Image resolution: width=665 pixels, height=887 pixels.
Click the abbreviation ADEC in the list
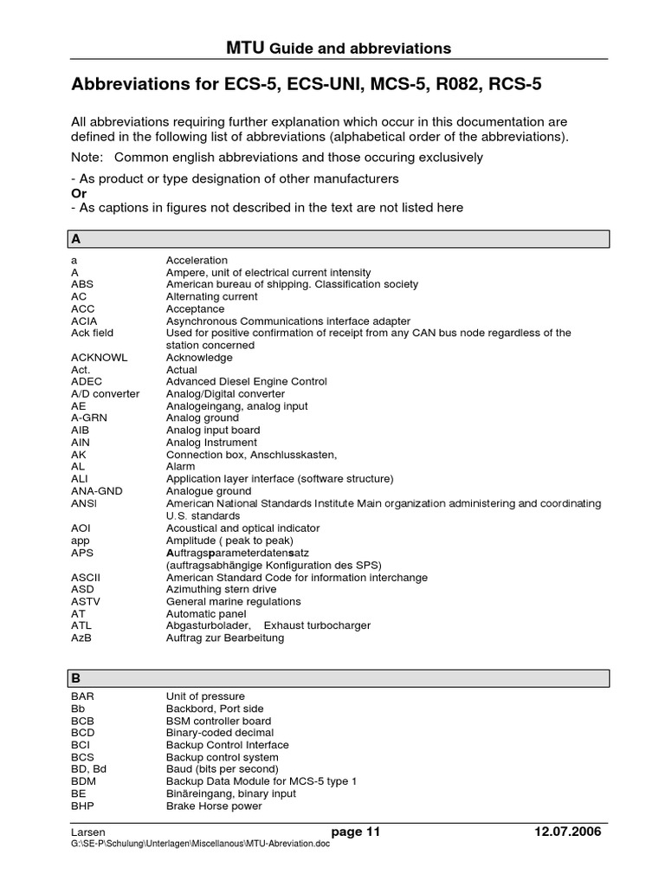(86, 382)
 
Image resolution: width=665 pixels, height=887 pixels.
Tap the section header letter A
(76, 238)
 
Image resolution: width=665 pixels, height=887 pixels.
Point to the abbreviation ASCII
(87, 577)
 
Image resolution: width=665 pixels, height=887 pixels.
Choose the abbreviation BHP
(83, 806)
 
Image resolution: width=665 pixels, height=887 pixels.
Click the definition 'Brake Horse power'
(214, 806)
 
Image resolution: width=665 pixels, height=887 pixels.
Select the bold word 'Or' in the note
(79, 193)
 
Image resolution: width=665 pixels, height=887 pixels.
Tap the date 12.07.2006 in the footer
(568, 832)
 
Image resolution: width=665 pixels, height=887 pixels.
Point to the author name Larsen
(87, 832)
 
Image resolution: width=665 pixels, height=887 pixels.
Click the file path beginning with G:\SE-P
(200, 845)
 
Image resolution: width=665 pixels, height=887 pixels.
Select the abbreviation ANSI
(85, 503)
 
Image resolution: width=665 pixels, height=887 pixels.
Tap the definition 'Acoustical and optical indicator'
(242, 528)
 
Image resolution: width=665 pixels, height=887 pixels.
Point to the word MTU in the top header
(243, 48)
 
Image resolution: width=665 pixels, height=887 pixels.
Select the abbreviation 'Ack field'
(93, 333)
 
